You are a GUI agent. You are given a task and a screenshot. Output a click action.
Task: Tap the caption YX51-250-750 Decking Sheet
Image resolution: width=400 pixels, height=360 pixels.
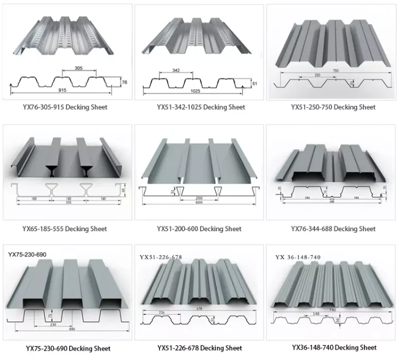pyautogui.click(x=333, y=107)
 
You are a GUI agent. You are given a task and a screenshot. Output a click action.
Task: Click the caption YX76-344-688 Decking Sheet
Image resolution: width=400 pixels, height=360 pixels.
pyautogui.click(x=333, y=229)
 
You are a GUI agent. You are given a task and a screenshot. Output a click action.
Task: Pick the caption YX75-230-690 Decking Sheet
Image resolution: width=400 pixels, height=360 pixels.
pyautogui.click(x=68, y=348)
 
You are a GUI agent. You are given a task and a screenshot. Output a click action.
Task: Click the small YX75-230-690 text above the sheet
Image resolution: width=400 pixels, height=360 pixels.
pyautogui.click(x=28, y=254)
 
